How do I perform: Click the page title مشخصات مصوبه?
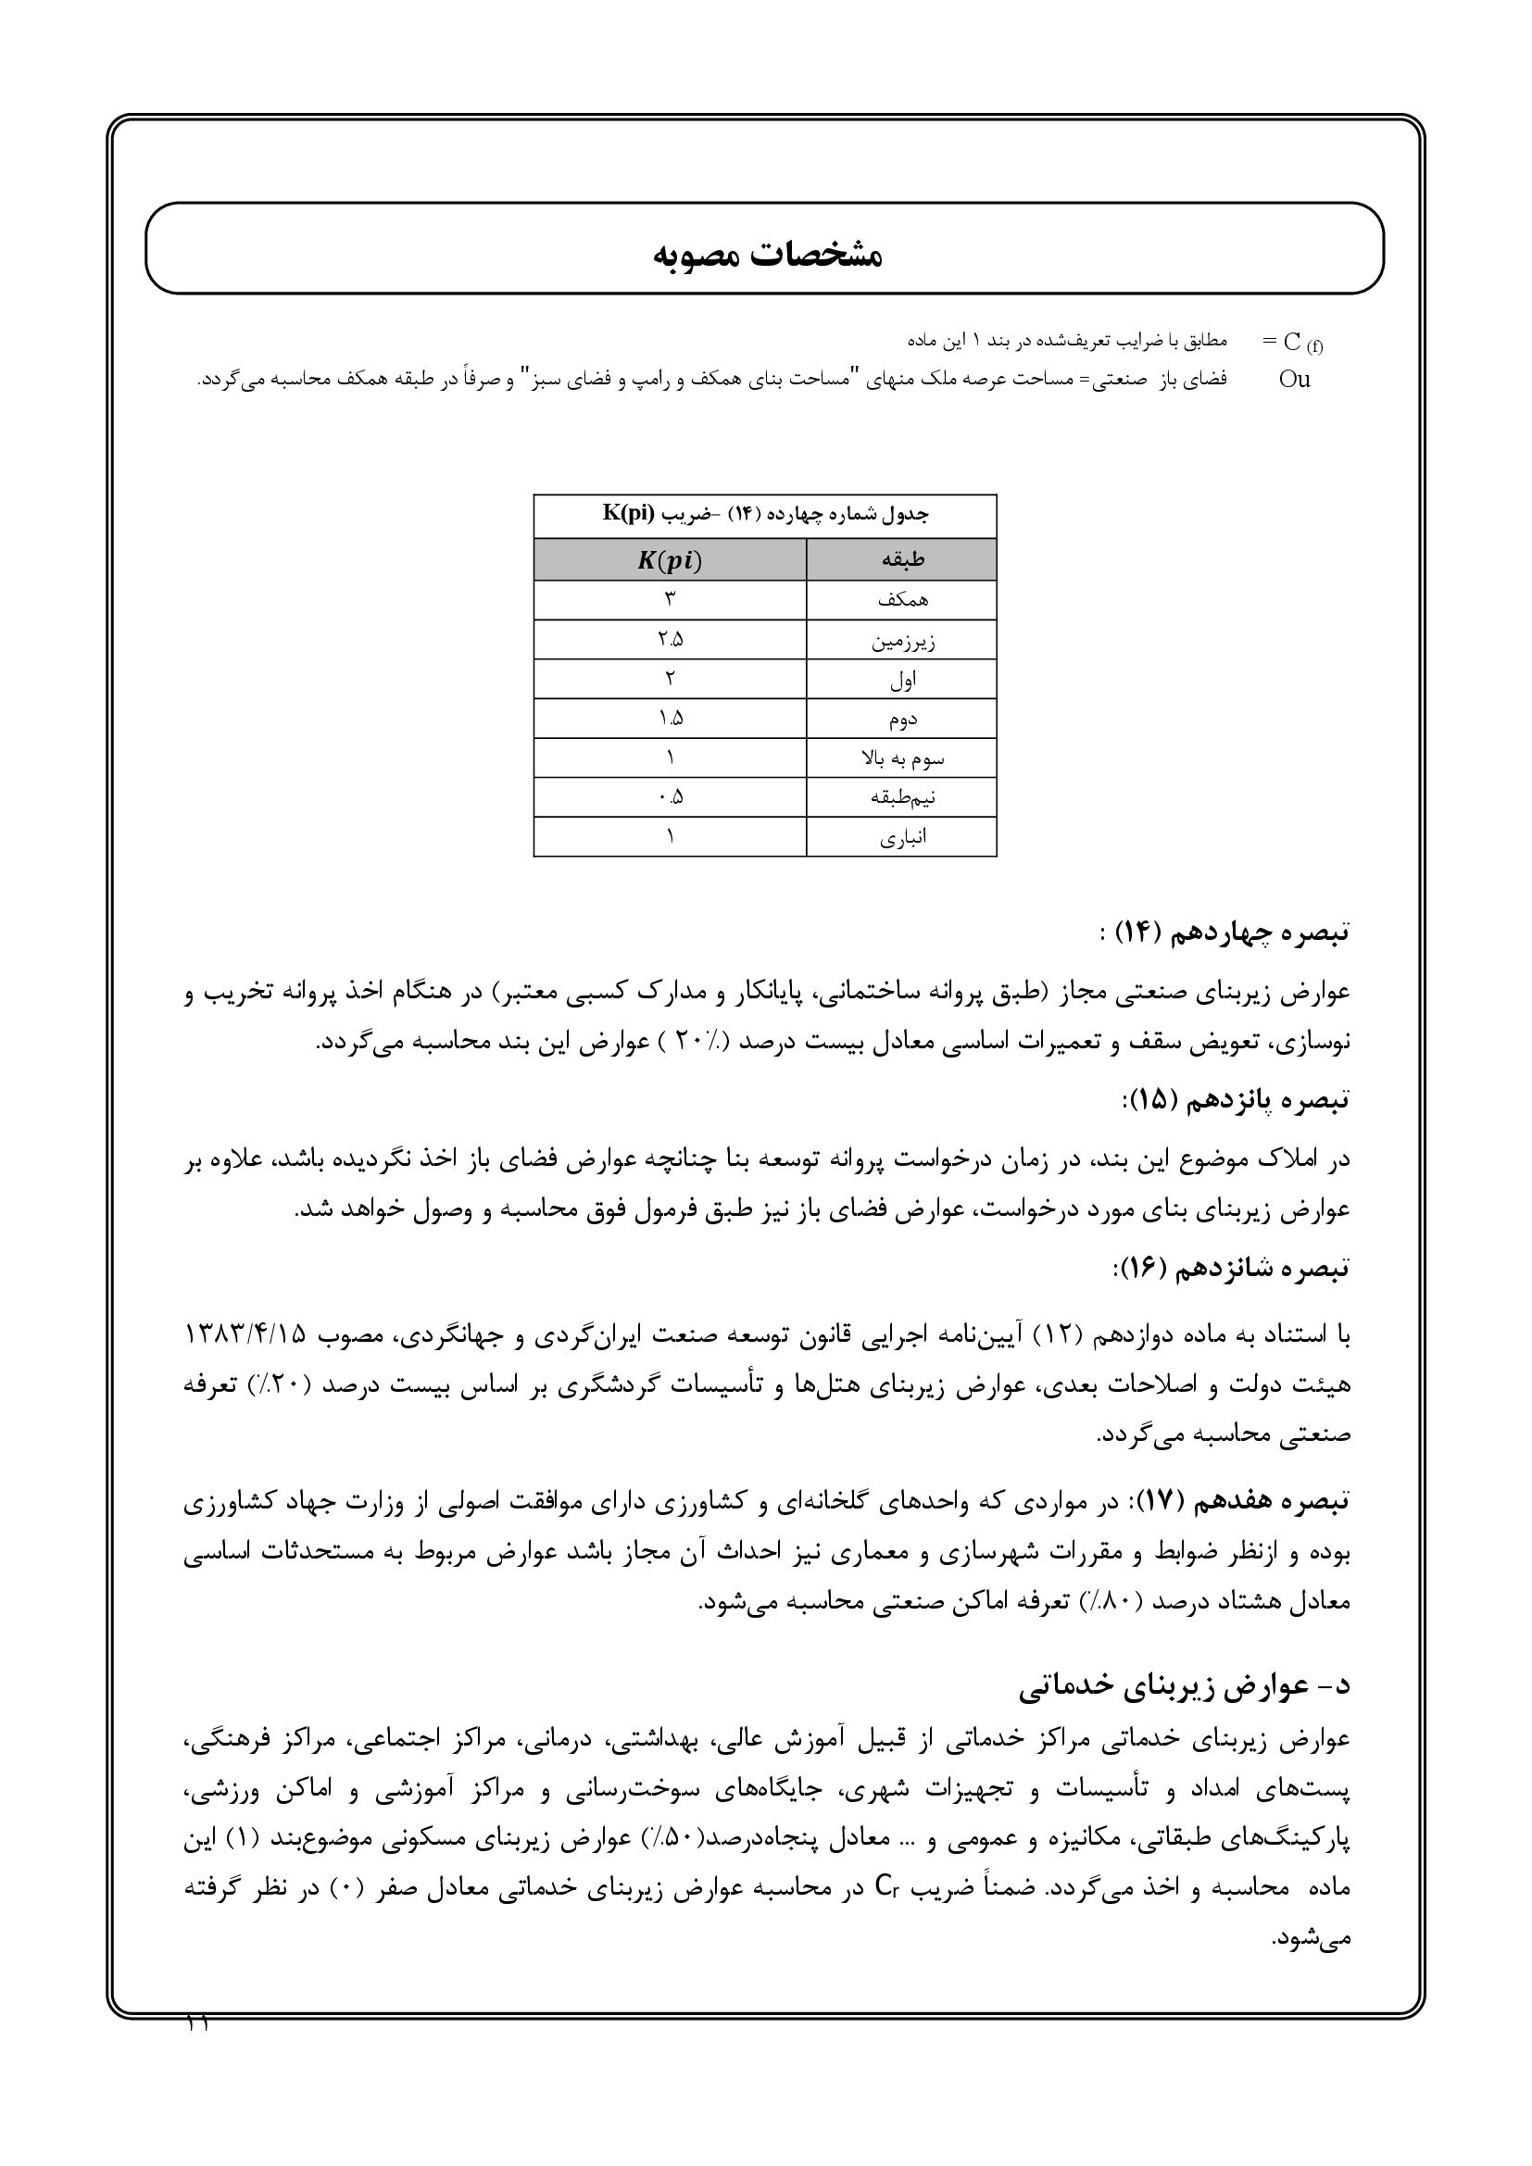(x=767, y=255)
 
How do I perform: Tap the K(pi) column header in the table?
(x=670, y=560)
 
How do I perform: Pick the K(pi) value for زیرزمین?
(x=671, y=640)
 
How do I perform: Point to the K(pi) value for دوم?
(x=671, y=719)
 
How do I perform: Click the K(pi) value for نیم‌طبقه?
(x=671, y=798)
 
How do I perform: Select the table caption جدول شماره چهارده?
(x=765, y=515)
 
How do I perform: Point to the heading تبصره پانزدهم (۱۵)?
(x=1236, y=1100)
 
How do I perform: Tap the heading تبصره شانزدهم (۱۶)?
(x=1232, y=1267)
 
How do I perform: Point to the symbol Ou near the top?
(x=1294, y=381)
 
